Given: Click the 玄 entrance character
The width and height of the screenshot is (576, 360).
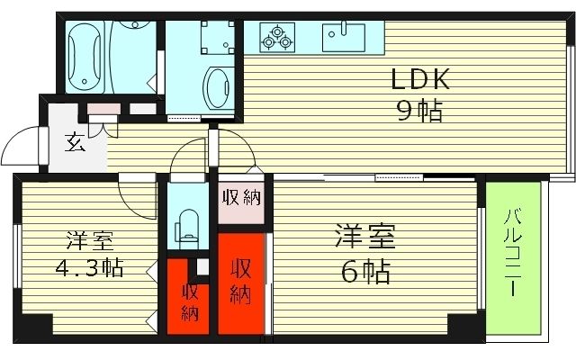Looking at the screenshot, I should tap(76, 141).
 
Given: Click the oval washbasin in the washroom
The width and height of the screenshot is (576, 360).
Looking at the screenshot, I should tap(218, 87).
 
